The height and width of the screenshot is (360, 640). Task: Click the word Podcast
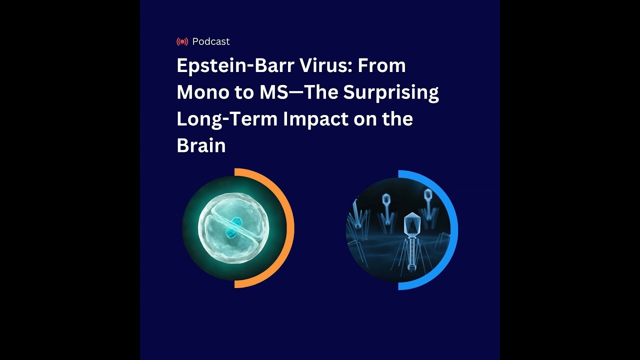pos(211,41)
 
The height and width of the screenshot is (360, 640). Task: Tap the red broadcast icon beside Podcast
pos(182,41)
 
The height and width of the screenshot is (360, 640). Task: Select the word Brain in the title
pos(201,145)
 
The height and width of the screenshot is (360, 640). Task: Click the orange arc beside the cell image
pos(289,227)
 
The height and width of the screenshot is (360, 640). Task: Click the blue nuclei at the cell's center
pos(233,227)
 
